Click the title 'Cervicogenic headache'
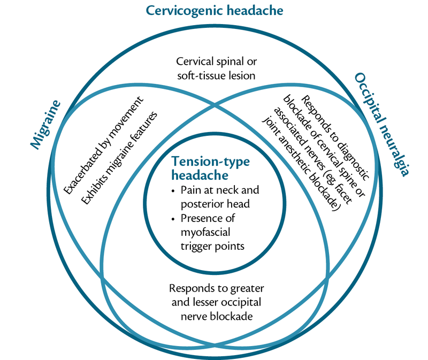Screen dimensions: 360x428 tap(215, 10)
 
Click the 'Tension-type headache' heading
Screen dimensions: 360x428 tap(203, 168)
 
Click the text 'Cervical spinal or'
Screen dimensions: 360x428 tap(214, 63)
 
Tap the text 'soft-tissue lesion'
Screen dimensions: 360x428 tap(214, 75)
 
